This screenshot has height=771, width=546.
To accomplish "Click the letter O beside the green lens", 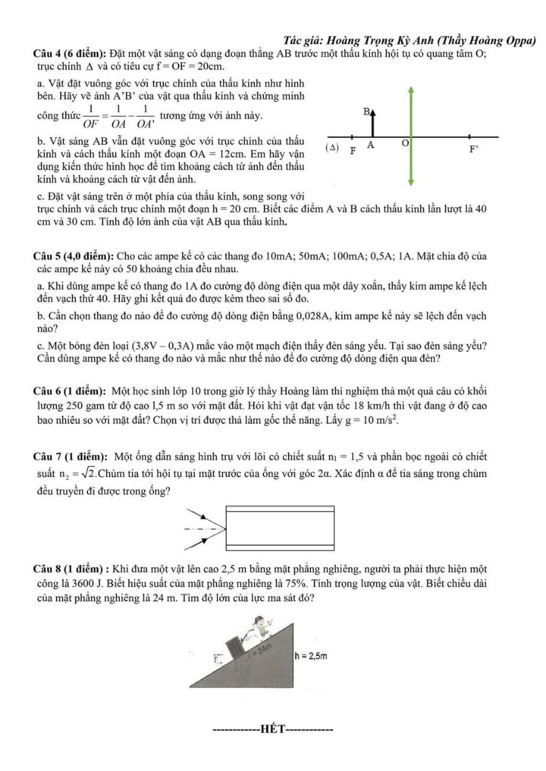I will [x=406, y=142].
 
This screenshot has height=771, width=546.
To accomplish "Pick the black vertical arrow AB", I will [x=373, y=126].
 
